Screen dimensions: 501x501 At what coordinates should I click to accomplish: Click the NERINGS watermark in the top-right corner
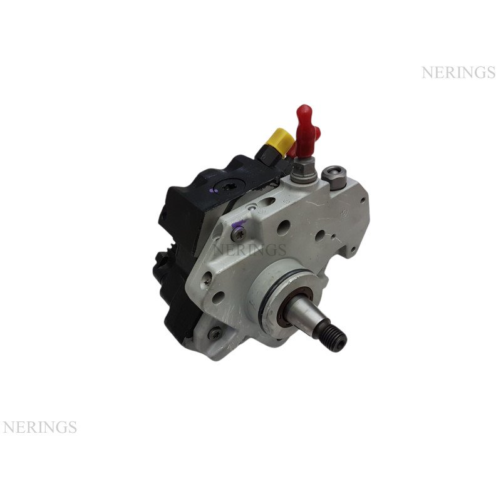point(458,73)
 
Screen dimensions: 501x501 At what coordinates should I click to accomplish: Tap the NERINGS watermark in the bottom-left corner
point(39,427)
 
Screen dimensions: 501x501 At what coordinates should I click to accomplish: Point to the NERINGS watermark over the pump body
point(250,249)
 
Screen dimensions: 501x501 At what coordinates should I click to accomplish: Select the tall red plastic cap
point(306,131)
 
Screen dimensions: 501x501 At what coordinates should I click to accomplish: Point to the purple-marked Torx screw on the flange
point(239,232)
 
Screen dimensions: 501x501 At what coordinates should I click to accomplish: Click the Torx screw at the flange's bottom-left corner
point(215,333)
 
